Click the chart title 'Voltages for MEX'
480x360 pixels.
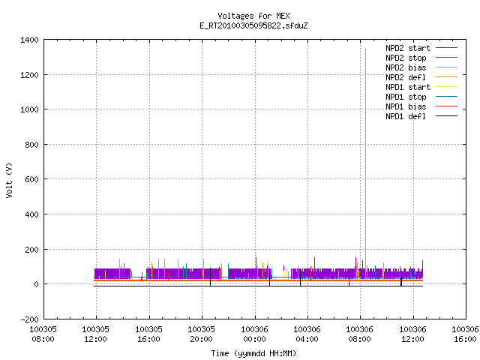253,16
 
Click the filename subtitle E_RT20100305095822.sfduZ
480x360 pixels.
253,25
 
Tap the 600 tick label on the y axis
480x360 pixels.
31,179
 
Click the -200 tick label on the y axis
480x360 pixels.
30,319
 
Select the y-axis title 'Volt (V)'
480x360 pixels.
10,180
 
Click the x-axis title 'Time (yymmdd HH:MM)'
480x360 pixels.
253,353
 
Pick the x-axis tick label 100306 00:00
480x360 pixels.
255,334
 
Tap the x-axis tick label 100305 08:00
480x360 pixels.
43,334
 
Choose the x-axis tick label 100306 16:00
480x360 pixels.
465,334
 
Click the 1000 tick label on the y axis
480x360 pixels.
30,109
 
